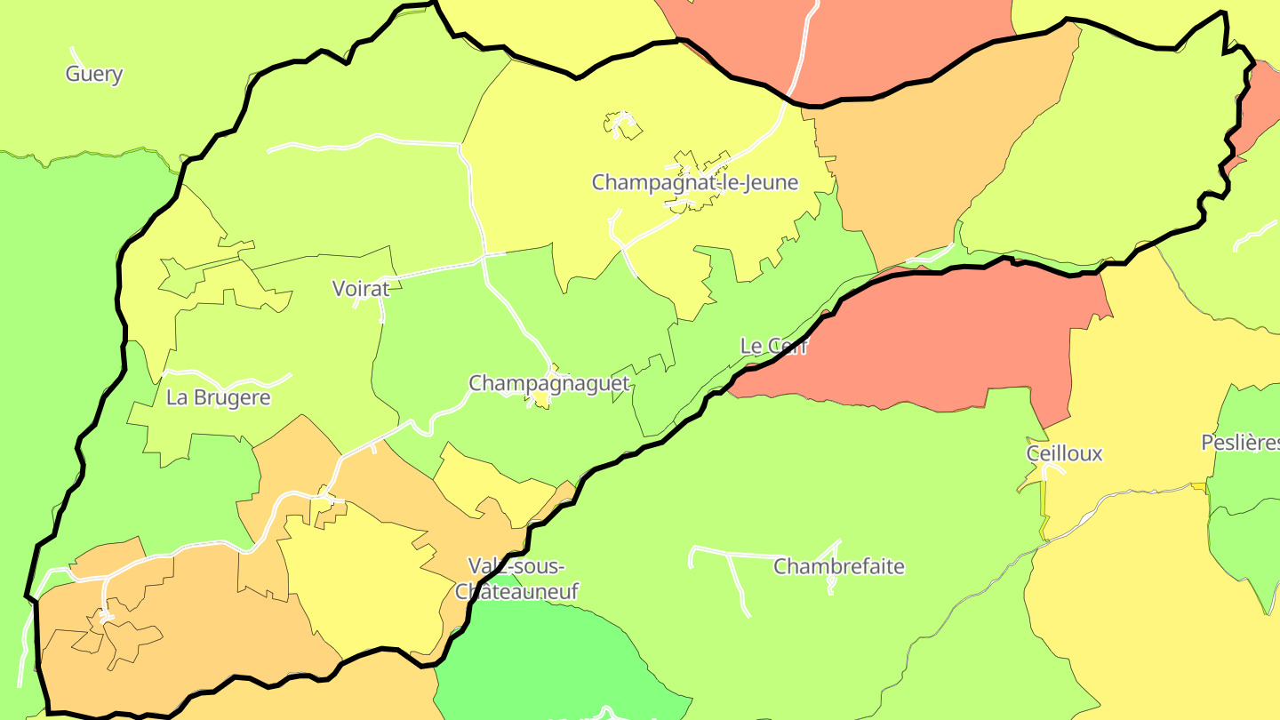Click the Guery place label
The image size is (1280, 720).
[x=93, y=74]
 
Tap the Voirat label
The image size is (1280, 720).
[x=361, y=288]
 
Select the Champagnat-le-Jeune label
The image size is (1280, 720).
[x=695, y=183]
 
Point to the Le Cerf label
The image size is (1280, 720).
[x=773, y=346]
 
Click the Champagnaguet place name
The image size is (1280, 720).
[x=548, y=383]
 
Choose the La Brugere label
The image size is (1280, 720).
[x=218, y=397]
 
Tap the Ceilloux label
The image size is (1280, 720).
[x=1064, y=453]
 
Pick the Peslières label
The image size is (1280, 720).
[x=1240, y=442]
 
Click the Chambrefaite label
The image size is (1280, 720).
[x=838, y=566]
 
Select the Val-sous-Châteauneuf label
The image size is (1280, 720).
[x=516, y=579]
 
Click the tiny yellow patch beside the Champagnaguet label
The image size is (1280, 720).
[x=541, y=401]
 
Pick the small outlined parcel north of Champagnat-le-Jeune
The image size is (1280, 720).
[x=625, y=126]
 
